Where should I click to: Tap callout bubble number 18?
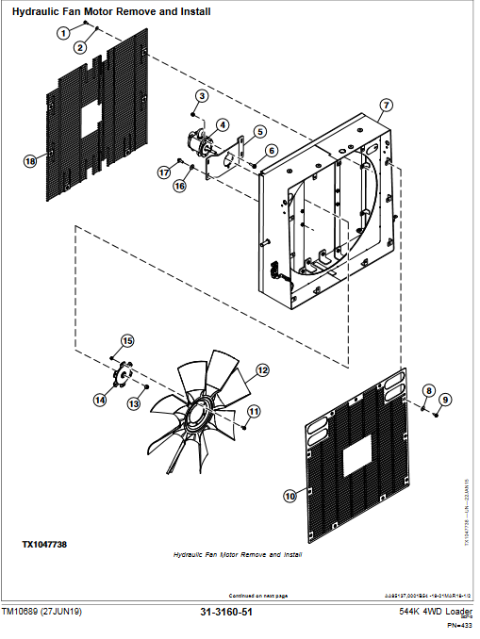[x=30, y=161]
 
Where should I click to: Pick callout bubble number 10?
[x=290, y=494]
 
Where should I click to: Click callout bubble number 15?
[x=127, y=340]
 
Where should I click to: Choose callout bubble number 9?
[x=446, y=400]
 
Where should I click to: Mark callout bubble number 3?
[x=202, y=96]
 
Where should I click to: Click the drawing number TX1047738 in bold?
[x=44, y=545]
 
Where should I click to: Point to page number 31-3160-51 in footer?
[x=225, y=613]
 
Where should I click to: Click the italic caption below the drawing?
[x=238, y=555]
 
